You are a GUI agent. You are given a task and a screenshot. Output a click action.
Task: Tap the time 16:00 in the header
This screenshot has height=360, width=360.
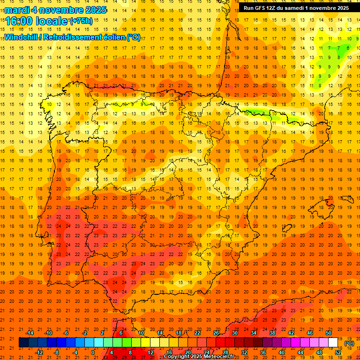(21, 21)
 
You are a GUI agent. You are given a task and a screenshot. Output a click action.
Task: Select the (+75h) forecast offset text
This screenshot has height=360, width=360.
(81, 21)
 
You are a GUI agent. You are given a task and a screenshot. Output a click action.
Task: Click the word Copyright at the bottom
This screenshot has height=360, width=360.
(177, 357)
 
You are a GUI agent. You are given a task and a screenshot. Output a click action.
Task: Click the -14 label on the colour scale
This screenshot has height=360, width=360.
(30, 333)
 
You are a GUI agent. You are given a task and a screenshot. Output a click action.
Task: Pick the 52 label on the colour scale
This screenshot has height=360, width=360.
(338, 352)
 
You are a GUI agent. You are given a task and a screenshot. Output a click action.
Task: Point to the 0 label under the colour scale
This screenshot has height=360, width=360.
(93, 352)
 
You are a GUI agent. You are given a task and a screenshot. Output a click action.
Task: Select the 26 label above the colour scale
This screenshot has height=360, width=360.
(216, 333)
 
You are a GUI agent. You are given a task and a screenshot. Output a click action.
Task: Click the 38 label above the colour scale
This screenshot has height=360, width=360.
(272, 333)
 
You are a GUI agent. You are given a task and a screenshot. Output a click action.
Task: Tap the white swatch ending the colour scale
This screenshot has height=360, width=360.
(333, 343)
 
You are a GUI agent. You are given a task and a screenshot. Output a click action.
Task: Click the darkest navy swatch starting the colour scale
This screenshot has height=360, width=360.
(23, 343)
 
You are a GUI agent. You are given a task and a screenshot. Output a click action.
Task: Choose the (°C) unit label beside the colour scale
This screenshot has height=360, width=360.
(349, 343)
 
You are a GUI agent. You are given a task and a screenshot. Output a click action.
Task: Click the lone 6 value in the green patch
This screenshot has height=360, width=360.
(347, 47)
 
